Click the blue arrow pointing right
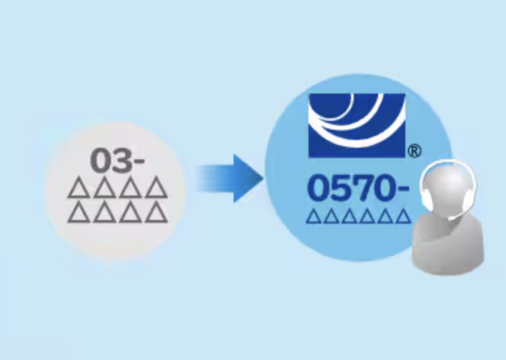click(x=236, y=179)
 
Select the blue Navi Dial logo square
click(x=356, y=125)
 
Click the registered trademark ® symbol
click(x=414, y=151)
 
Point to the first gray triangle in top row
click(x=78, y=189)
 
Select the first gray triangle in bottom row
click(x=78, y=213)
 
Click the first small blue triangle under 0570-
click(x=314, y=216)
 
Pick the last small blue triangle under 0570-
click(x=403, y=216)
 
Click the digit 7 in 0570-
click(x=363, y=188)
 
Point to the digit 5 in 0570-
click(x=341, y=188)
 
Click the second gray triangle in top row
click(x=105, y=189)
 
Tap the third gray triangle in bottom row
click(x=130, y=213)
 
